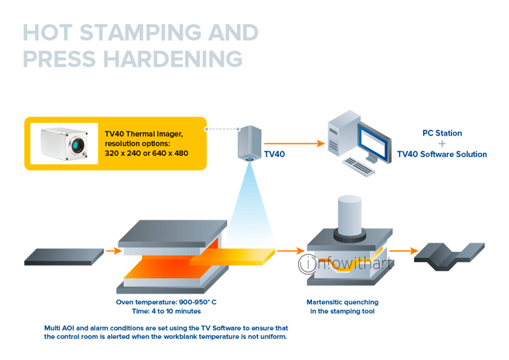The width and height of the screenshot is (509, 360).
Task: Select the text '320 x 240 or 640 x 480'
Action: click(x=147, y=154)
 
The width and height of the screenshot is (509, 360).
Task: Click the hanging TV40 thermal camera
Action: click(x=249, y=143)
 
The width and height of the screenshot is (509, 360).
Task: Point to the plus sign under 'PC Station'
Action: click(x=442, y=143)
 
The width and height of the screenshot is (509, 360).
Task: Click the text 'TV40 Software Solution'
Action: click(x=442, y=154)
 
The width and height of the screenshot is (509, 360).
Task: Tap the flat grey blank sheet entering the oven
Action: click(x=64, y=255)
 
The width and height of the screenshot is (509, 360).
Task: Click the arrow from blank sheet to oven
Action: click(x=113, y=251)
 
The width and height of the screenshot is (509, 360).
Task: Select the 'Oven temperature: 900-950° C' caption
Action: click(x=166, y=302)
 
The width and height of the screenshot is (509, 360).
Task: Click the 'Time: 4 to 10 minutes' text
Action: click(x=166, y=311)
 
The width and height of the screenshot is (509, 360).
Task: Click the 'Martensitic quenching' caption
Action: click(x=342, y=302)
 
